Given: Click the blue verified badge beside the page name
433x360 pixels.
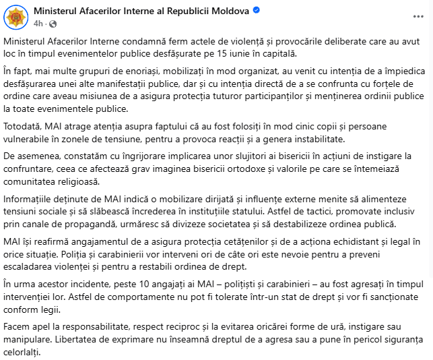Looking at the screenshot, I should (257, 11).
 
